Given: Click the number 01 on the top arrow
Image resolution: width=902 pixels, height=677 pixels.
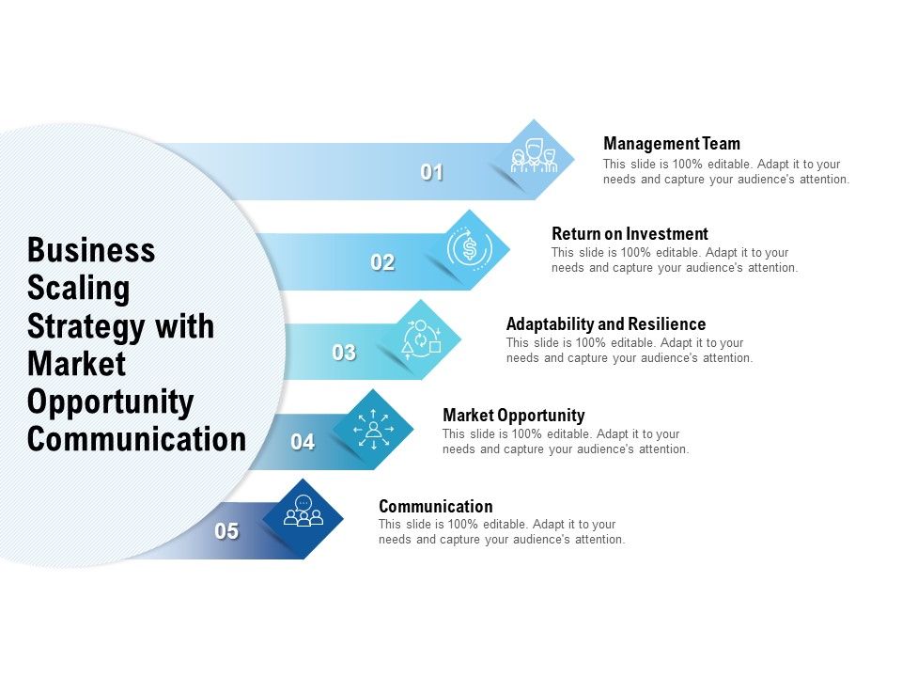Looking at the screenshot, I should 432,173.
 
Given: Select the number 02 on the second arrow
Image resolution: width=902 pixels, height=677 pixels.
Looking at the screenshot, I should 382,263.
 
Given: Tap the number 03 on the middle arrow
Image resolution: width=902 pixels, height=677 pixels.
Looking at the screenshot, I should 344,354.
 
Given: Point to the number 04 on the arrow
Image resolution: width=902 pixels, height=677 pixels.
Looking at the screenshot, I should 303,442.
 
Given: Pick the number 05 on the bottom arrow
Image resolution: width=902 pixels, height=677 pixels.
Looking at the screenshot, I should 226,531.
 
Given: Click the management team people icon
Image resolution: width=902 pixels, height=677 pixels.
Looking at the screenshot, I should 534,157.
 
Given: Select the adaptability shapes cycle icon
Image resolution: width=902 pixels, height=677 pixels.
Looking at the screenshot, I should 421,338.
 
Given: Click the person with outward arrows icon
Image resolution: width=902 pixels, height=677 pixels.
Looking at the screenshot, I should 373,429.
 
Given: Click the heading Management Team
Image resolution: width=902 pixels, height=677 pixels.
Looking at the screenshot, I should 672,144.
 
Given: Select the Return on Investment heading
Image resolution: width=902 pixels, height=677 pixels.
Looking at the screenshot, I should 630,234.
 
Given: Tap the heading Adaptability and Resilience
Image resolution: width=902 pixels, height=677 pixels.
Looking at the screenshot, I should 606,324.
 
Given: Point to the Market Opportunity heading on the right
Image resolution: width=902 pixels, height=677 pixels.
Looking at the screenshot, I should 513,416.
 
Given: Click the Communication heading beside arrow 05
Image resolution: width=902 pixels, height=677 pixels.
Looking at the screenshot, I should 435,507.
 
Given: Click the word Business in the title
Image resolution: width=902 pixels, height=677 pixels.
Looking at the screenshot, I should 91,251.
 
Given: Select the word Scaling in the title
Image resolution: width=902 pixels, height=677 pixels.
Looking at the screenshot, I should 78,289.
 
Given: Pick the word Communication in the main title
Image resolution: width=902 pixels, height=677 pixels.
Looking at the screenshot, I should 136,439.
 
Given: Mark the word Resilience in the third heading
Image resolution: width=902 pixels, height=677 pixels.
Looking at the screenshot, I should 663,324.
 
